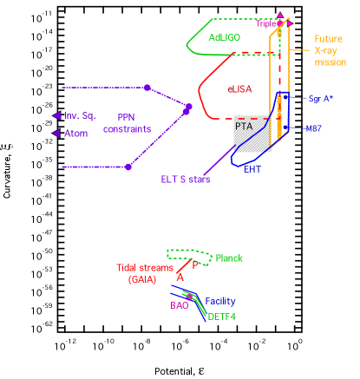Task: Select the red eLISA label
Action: click(x=241, y=88)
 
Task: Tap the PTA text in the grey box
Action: click(x=243, y=127)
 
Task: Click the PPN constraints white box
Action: click(x=127, y=123)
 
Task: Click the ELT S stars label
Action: click(x=186, y=180)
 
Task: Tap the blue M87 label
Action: click(x=314, y=127)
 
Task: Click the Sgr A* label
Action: click(x=320, y=99)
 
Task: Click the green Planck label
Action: click(x=229, y=258)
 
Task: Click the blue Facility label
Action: click(x=219, y=302)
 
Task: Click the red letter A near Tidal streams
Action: click(x=180, y=277)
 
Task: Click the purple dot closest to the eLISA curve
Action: click(x=189, y=107)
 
